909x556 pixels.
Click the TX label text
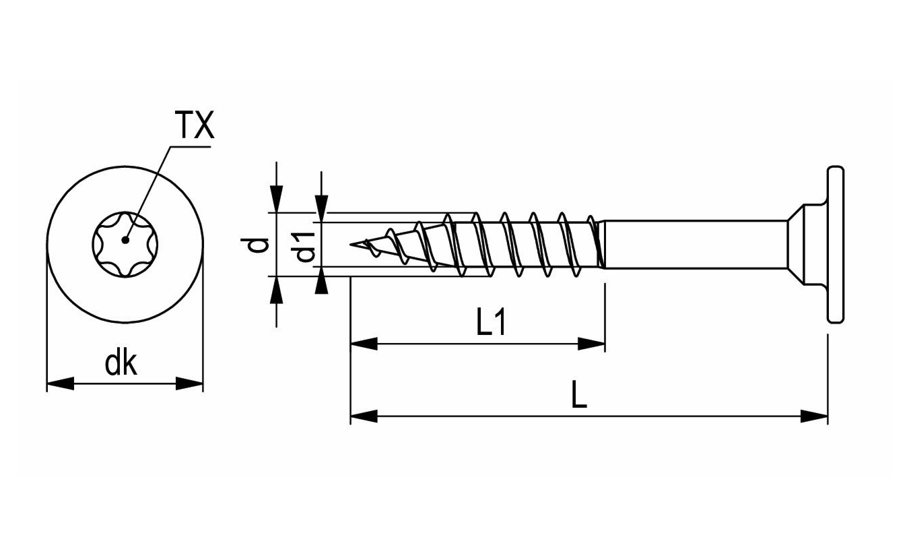(x=194, y=125)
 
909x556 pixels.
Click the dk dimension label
(x=121, y=364)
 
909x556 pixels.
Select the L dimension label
(x=578, y=396)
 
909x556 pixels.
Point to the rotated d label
(x=257, y=245)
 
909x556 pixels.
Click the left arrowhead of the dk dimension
(x=59, y=383)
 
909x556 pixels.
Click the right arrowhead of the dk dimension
(x=190, y=383)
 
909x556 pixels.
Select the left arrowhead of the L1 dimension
(x=364, y=344)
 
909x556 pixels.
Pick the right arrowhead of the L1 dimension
(x=592, y=344)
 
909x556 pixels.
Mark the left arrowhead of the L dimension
(x=364, y=416)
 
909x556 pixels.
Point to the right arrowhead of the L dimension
(x=814, y=416)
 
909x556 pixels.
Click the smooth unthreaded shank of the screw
(x=694, y=244)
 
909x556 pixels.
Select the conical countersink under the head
(x=805, y=244)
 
